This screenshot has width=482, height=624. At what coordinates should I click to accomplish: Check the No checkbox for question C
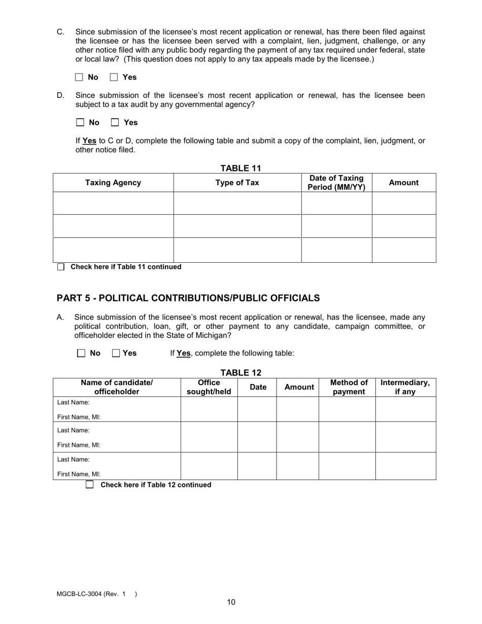click(79, 77)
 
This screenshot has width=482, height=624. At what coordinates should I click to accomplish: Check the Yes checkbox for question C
click(114, 77)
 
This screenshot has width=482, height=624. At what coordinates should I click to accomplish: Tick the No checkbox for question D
click(80, 122)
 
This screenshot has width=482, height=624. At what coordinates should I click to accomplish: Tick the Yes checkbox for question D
click(115, 122)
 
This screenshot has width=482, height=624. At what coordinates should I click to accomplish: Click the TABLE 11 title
click(240, 168)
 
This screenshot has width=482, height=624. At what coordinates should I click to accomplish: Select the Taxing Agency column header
click(113, 183)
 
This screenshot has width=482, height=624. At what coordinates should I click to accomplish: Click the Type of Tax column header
click(237, 183)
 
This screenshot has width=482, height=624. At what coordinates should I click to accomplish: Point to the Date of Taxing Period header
click(336, 183)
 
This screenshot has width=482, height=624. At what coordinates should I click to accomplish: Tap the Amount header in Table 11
click(403, 183)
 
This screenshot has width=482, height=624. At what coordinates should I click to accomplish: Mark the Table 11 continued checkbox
click(61, 267)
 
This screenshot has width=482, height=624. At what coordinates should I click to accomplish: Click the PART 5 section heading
click(188, 298)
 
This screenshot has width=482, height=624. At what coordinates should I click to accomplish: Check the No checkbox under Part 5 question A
click(81, 353)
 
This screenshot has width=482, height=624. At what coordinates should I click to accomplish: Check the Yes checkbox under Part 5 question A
click(116, 353)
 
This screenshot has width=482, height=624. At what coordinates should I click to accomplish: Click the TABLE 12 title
click(240, 373)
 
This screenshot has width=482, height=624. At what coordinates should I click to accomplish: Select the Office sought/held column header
click(209, 387)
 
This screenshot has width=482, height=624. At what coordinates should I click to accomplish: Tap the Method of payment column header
click(349, 387)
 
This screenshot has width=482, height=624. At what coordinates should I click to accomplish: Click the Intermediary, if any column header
click(405, 387)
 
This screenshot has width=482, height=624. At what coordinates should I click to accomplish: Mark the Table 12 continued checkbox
click(90, 484)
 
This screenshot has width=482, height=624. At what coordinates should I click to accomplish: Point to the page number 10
click(231, 602)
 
